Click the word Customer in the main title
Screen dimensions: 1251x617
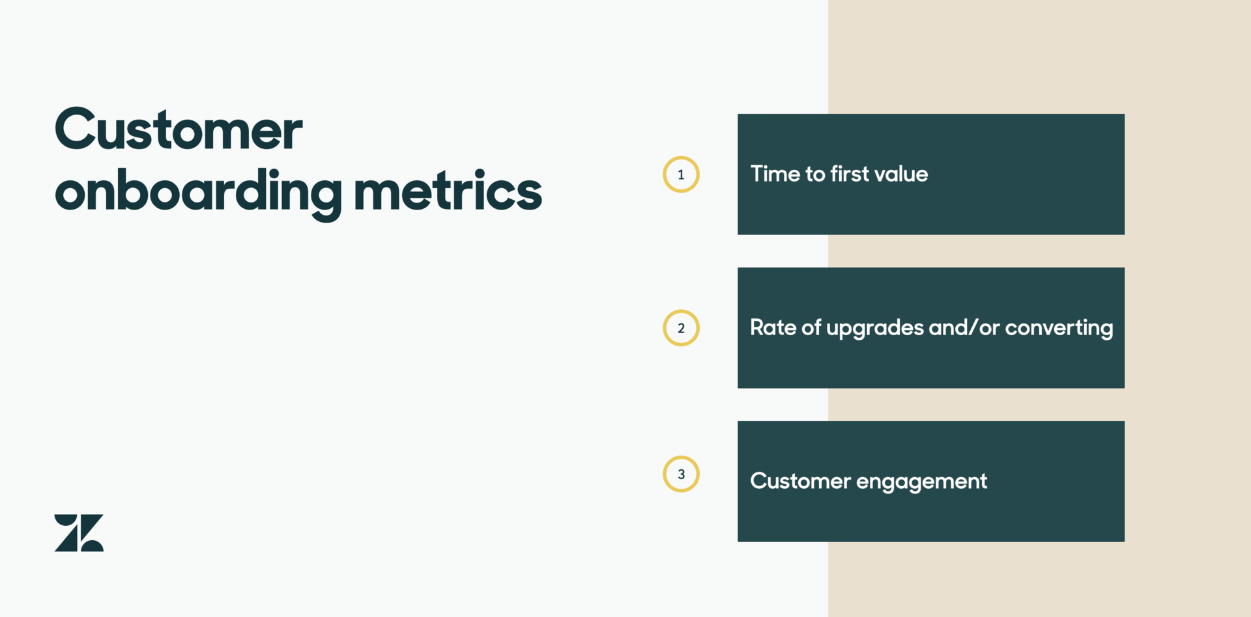click(x=179, y=129)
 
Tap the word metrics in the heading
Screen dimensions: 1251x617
click(x=448, y=190)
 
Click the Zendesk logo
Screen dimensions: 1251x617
click(x=79, y=533)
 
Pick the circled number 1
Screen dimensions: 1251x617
click(x=681, y=174)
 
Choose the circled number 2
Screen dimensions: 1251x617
click(x=681, y=328)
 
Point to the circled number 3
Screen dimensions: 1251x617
click(x=681, y=474)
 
